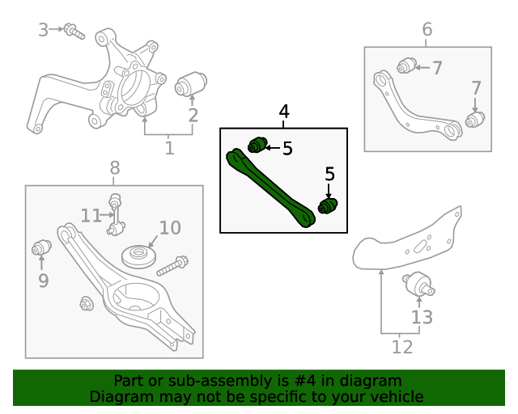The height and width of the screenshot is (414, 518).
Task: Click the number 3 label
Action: point(43,30)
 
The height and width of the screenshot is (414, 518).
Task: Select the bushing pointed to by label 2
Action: point(193,82)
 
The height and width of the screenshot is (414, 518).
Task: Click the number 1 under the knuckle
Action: point(169,148)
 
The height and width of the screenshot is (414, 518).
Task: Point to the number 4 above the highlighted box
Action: point(283,112)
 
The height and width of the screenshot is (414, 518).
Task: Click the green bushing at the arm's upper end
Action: point(257,145)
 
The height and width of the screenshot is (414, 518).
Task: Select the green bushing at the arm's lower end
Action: point(329,206)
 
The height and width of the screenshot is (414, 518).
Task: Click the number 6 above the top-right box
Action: point(427,30)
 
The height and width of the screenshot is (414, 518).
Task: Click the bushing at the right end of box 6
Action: point(475,120)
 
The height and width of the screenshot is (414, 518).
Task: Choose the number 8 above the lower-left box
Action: point(114,168)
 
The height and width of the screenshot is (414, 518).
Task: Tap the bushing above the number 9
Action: point(41,247)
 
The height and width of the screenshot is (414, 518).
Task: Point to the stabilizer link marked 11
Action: point(116,214)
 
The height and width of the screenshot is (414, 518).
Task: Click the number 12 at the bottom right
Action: point(401,347)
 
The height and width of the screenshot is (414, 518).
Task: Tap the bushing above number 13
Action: point(419,285)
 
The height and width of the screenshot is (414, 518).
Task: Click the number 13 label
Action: point(422,317)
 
